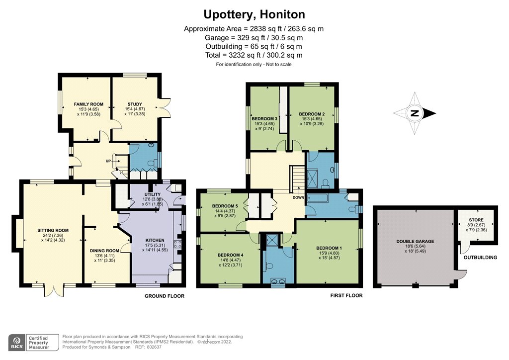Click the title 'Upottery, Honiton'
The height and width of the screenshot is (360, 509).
point(254,14)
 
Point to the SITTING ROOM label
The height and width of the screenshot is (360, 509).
point(53,230)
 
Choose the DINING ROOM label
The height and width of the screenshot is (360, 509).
point(104,250)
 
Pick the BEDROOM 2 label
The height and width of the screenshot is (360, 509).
point(312,114)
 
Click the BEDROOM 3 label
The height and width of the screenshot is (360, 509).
point(264,118)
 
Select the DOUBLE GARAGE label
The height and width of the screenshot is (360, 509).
point(415,241)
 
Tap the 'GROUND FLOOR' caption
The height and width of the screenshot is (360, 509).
point(164,296)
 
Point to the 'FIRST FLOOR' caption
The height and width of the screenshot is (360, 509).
point(346,295)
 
